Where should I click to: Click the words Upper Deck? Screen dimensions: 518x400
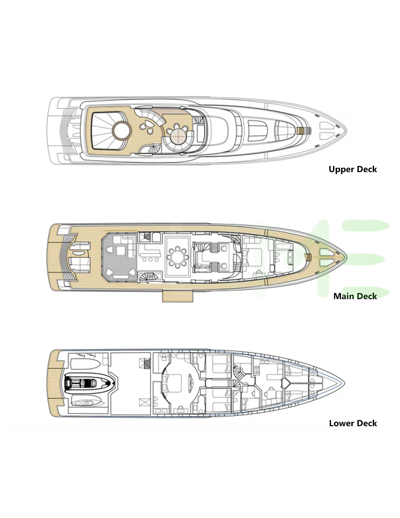(353, 169)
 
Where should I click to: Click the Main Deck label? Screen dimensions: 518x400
(355, 296)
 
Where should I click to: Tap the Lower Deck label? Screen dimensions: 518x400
(353, 423)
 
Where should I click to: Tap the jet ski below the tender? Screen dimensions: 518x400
(86, 401)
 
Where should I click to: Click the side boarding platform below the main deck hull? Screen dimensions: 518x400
(177, 296)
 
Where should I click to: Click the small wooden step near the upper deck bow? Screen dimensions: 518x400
(300, 131)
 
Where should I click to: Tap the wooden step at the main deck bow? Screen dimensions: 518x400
(309, 257)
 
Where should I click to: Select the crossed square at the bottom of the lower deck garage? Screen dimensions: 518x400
(145, 402)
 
